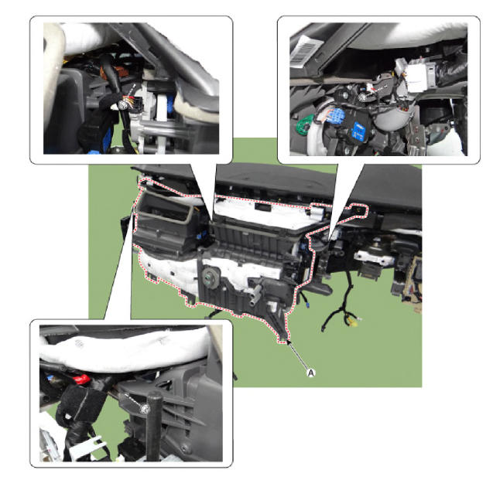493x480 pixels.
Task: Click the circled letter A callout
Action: (310, 373)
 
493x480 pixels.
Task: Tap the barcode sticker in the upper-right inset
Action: (303, 51)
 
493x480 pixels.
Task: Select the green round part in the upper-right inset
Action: (305, 124)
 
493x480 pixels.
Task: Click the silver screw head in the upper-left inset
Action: (122, 106)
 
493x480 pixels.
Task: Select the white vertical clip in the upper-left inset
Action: (161, 108)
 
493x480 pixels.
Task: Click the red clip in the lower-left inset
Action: (82, 379)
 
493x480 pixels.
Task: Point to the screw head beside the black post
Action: (145, 408)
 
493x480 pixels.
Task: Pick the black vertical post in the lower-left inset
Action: (154, 427)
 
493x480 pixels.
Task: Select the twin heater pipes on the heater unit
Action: (255, 294)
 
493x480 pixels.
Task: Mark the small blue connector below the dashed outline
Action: (307, 305)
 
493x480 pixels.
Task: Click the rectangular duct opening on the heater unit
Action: (165, 208)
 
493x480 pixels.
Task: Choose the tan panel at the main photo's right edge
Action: (412, 283)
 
